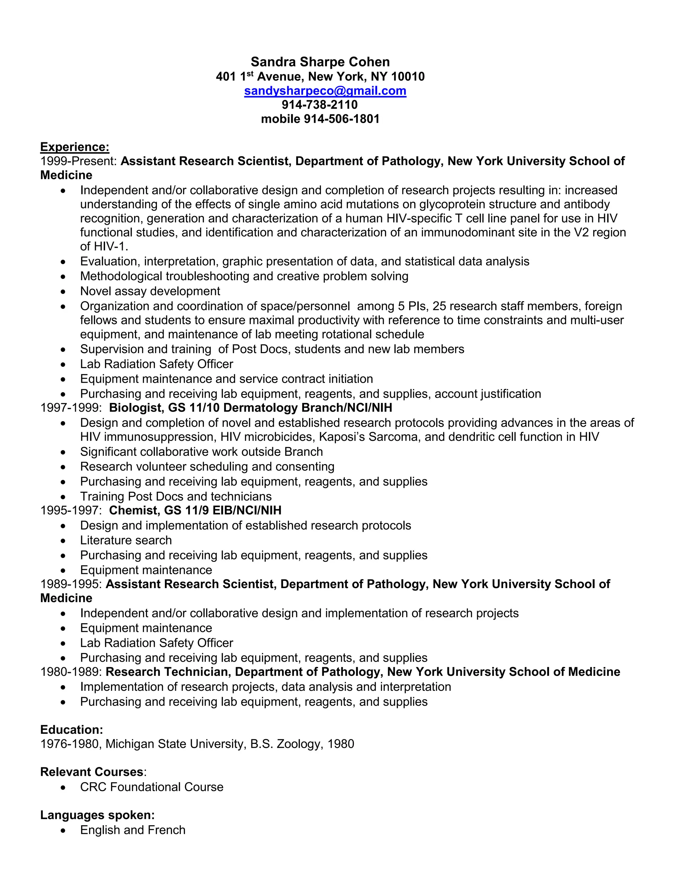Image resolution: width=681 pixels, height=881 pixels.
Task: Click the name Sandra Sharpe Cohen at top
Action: click(x=320, y=62)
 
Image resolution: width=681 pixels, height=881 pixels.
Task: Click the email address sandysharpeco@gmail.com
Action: click(x=325, y=91)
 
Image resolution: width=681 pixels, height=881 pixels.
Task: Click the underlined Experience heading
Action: click(x=74, y=147)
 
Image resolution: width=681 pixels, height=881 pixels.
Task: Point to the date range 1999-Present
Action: click(x=78, y=161)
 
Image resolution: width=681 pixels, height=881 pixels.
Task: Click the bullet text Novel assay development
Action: click(x=150, y=291)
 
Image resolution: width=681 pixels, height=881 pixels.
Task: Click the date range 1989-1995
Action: click(x=71, y=584)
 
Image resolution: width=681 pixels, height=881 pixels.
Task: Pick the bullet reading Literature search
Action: click(x=126, y=540)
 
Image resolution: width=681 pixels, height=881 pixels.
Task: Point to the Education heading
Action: click(x=71, y=730)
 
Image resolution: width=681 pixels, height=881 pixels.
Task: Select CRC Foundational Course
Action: click(x=152, y=787)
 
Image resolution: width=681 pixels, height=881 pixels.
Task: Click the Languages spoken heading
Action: click(x=97, y=815)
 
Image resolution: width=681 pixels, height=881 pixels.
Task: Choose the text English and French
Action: click(x=133, y=830)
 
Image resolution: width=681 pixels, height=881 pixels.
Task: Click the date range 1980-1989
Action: click(x=71, y=672)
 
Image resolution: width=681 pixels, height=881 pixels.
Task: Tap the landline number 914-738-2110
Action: click(x=320, y=105)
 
